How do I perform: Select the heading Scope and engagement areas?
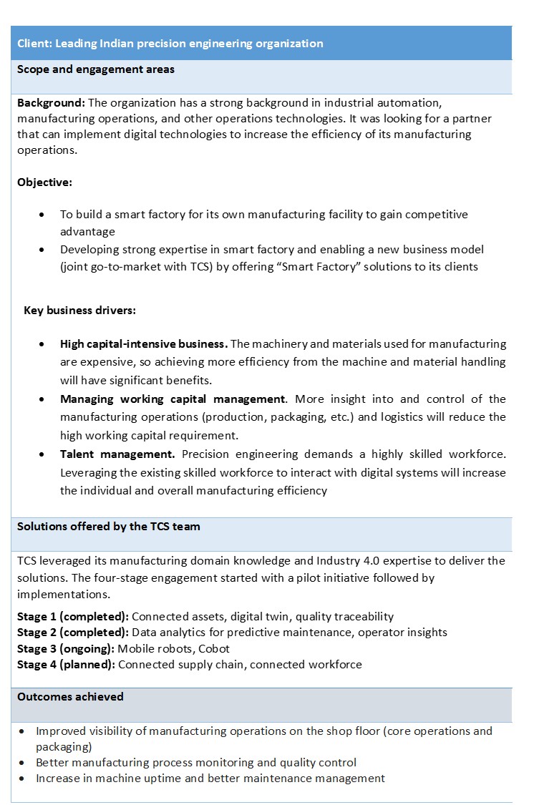point(96,69)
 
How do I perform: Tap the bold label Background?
point(51,103)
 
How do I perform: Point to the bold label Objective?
point(44,182)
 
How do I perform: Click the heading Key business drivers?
point(80,311)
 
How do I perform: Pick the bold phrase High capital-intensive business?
point(144,344)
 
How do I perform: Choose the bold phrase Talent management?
point(117,454)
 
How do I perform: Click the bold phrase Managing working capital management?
point(173,399)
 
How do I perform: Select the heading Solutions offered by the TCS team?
point(109,526)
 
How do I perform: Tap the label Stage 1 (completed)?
point(73,616)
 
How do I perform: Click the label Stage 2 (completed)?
point(73,633)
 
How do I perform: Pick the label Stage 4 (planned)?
point(67,664)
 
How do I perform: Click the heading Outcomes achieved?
point(70,696)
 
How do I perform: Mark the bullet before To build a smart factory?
point(45,215)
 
